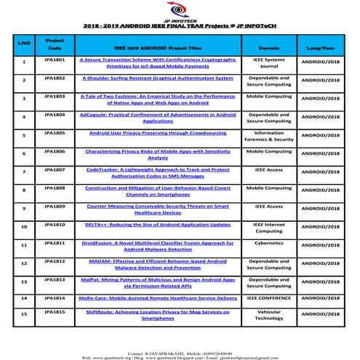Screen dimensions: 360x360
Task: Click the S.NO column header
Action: pos(23,44)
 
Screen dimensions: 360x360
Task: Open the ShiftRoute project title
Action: pos(159,315)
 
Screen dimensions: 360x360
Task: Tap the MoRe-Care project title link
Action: pos(159,297)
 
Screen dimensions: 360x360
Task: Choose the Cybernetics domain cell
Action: pos(269,243)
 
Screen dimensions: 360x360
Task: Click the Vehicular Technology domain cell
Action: pos(269,315)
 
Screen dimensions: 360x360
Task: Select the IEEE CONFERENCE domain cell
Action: pos(269,297)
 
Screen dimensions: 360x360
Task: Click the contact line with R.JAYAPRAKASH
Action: pos(180,352)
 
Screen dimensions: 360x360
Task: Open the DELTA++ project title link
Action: pos(159,225)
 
